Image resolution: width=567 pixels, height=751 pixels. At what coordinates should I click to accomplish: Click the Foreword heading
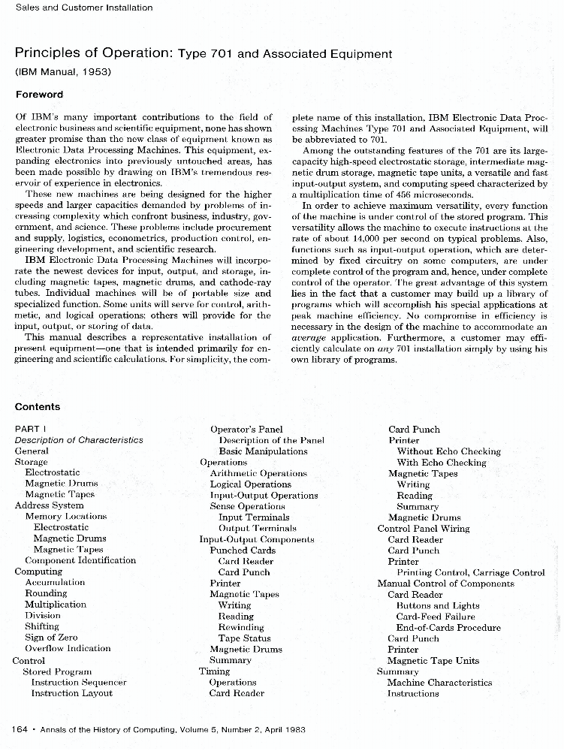(39, 95)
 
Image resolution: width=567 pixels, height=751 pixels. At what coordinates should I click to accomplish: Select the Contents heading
(38, 407)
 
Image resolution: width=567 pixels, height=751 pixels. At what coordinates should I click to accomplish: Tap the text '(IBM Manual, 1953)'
(63, 72)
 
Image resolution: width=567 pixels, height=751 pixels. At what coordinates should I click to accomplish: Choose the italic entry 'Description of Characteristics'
(79, 440)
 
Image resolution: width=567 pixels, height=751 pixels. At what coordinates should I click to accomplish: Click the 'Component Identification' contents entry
(80, 560)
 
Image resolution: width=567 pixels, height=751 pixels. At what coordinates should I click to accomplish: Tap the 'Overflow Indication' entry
(68, 648)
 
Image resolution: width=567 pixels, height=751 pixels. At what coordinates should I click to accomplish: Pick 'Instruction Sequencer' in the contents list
(79, 682)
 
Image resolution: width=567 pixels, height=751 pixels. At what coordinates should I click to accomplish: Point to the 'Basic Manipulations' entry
(263, 451)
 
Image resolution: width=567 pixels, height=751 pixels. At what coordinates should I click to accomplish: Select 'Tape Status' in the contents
(244, 638)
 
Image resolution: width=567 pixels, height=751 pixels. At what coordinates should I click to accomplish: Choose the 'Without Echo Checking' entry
(448, 451)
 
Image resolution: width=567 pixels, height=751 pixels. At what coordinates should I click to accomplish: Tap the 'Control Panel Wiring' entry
(424, 528)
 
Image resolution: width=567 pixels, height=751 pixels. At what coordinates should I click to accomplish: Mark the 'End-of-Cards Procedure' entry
(448, 628)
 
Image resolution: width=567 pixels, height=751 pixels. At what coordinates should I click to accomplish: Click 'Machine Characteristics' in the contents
(439, 683)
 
